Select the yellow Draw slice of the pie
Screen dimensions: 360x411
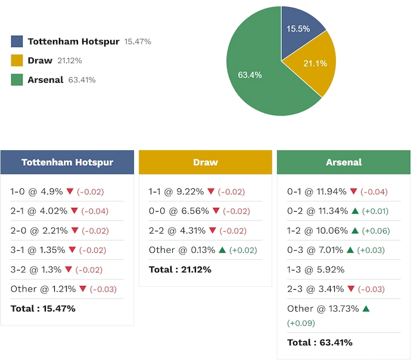(x=312, y=64)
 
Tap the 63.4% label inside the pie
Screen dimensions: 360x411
(x=250, y=75)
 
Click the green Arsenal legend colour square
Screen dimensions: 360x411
(x=17, y=80)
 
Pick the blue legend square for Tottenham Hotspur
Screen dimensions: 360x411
(x=17, y=42)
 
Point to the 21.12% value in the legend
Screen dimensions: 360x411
(x=70, y=61)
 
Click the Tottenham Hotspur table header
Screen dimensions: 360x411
(x=67, y=162)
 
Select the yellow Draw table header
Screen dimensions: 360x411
(x=205, y=162)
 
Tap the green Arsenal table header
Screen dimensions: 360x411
(x=344, y=162)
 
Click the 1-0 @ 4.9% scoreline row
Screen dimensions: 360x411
(x=36, y=191)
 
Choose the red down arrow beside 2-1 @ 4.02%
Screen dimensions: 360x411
(x=74, y=211)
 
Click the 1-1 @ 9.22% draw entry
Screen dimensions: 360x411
(x=176, y=191)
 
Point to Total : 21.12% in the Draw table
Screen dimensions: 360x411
(x=180, y=269)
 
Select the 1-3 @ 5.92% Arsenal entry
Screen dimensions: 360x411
(x=316, y=269)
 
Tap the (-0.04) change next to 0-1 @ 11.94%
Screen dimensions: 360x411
(x=373, y=191)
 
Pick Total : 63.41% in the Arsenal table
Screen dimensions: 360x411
(x=319, y=342)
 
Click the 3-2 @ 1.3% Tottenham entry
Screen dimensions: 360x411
(x=36, y=269)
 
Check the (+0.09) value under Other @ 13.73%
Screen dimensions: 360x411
(x=301, y=323)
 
